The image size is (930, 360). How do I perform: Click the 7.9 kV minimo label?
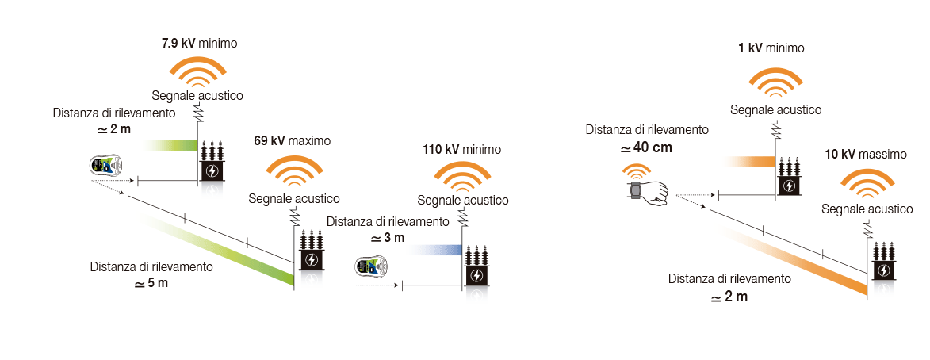[x=199, y=44]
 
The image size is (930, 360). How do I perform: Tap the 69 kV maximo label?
[x=292, y=141]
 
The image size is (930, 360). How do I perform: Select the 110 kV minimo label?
[x=462, y=149]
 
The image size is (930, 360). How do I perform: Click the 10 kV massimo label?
[x=866, y=155]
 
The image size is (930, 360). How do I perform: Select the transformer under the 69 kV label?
[x=310, y=252]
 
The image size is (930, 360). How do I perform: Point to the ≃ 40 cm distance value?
[x=646, y=148]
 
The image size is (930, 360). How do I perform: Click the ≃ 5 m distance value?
[x=151, y=283]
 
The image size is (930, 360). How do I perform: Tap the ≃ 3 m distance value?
[x=388, y=239]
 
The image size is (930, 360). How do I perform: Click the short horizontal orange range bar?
[x=750, y=161]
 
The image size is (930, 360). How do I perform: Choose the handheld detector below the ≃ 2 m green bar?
[x=105, y=166]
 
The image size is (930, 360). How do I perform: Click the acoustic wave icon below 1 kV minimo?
[x=775, y=83]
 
